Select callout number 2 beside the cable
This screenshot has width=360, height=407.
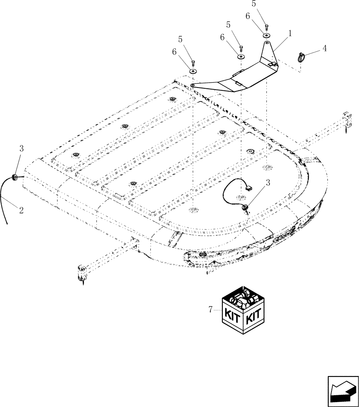pos(21,210)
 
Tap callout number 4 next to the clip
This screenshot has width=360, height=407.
pos(324,48)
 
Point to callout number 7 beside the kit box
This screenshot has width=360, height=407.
pos(211,310)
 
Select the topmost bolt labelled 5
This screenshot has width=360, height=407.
pos(266,27)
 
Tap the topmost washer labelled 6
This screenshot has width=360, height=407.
pos(266,35)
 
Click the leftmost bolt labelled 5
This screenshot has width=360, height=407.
pos(193,63)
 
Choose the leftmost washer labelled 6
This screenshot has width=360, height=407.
pos(193,71)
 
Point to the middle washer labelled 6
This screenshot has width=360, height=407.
pos(241,56)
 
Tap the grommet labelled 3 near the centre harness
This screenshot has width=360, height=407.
pos(245,208)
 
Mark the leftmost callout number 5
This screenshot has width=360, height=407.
pos(180,39)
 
